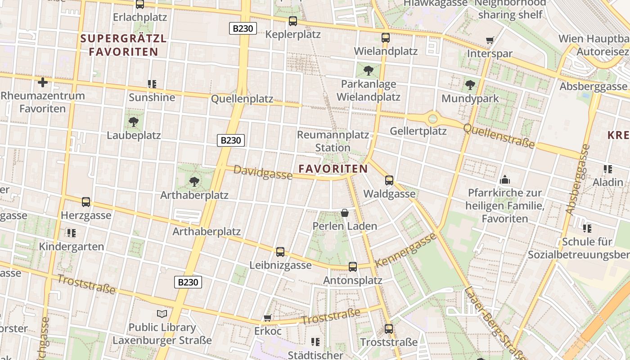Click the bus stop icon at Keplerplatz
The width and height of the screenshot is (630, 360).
293,21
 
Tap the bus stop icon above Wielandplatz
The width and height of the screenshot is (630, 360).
386,38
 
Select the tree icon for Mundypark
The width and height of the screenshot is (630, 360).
470,85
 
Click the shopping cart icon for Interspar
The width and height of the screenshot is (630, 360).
490,40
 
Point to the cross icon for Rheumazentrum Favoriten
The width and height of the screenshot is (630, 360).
43,82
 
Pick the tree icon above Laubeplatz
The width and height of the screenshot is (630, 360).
133,121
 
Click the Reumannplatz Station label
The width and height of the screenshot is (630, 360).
333,141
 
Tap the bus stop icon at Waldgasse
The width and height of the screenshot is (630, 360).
389,180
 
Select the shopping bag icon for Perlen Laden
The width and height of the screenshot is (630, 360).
345,213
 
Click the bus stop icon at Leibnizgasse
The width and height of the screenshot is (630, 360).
280,252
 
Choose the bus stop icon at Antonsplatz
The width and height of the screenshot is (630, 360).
353,267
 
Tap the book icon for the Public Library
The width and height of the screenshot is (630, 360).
162,314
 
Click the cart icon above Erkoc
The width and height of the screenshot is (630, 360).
267,318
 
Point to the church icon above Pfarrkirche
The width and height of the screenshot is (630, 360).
504,180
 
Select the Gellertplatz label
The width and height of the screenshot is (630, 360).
418,131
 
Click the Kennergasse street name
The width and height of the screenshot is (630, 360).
406,249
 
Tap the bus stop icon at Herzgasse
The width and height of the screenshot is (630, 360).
86,202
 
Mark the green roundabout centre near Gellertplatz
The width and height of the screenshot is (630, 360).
432,119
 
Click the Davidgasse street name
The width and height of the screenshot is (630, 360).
263,172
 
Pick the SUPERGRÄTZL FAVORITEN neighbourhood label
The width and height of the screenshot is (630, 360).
123,45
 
